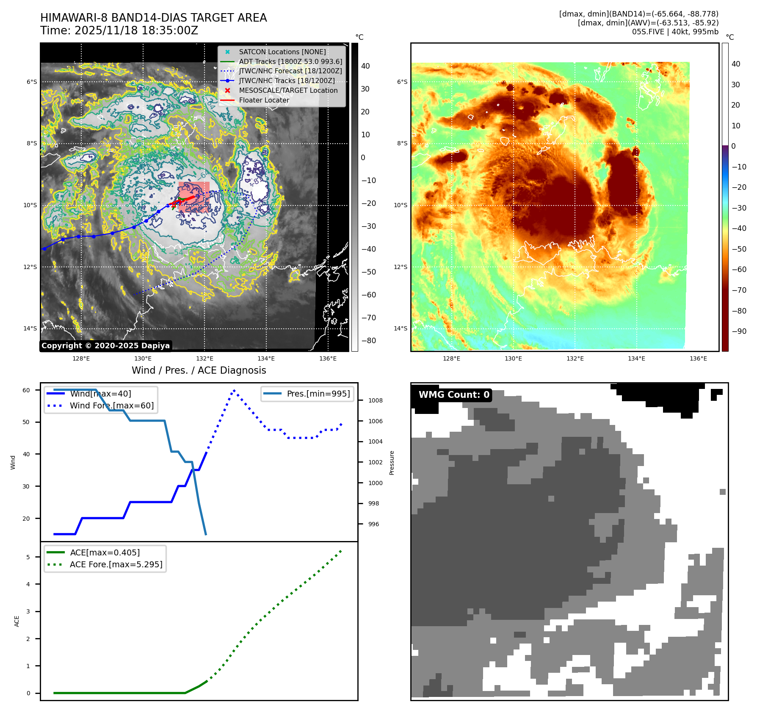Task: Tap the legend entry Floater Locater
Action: [264, 100]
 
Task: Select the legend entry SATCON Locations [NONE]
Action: [282, 52]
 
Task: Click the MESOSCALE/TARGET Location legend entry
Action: [288, 90]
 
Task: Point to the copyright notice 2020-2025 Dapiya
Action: [105, 346]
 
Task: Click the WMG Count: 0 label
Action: [454, 395]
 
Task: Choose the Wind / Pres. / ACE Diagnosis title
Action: [199, 370]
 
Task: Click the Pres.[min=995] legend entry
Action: [318, 394]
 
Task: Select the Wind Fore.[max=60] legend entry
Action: [112, 405]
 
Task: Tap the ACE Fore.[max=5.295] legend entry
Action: [116, 564]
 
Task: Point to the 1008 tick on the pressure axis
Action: [375, 400]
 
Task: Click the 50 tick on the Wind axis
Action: [26, 422]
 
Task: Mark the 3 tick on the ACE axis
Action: [28, 611]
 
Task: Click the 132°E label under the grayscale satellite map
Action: [204, 358]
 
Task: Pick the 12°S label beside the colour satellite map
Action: [401, 267]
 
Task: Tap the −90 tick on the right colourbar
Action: [739, 331]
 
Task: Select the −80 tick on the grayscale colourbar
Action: [368, 341]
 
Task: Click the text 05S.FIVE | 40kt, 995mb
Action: [675, 32]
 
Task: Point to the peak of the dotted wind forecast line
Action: [234, 390]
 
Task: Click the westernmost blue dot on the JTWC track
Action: [44, 249]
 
